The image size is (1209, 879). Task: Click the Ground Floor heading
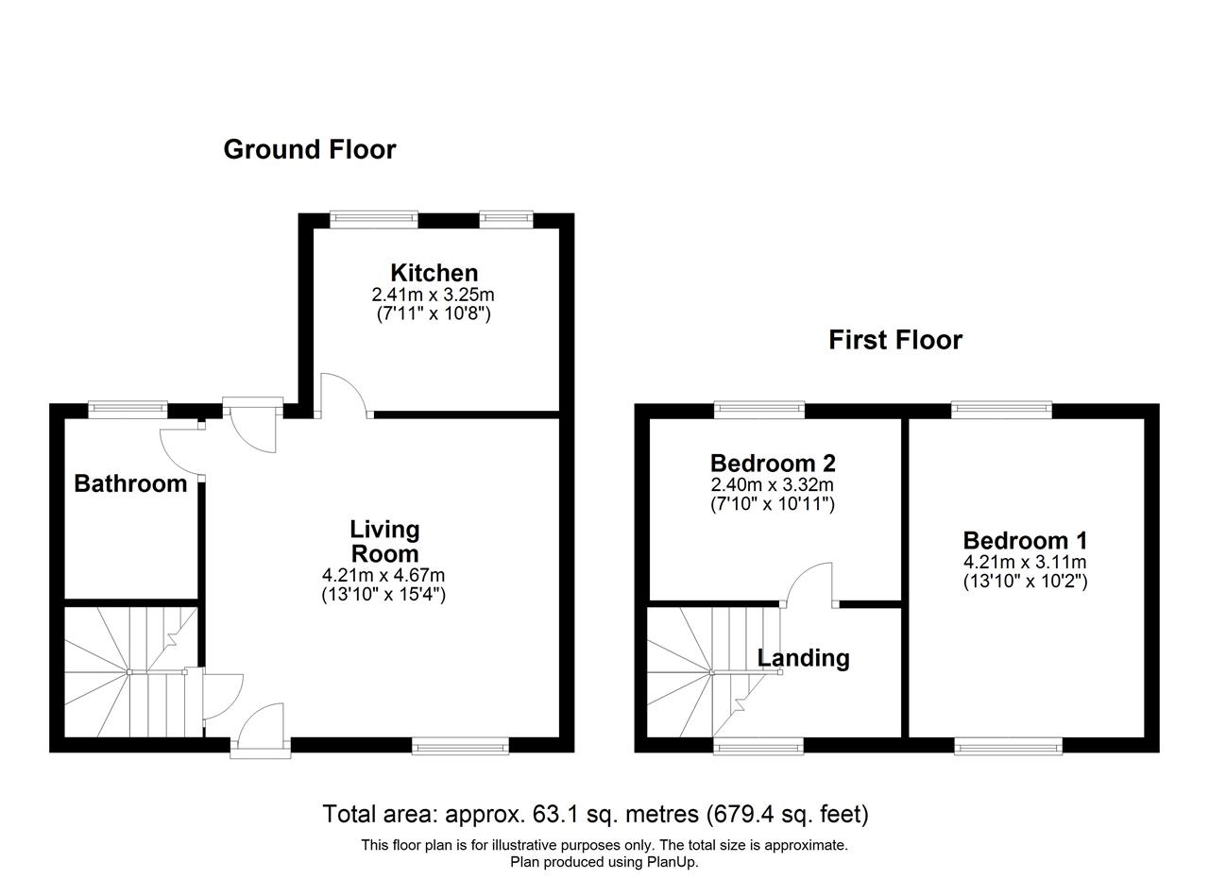pyautogui.click(x=309, y=149)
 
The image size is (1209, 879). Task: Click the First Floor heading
pyautogui.click(x=895, y=341)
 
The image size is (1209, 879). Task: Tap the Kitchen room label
pyautogui.click(x=434, y=273)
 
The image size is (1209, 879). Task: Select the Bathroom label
pyautogui.click(x=130, y=483)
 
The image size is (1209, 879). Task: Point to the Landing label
pyautogui.click(x=803, y=658)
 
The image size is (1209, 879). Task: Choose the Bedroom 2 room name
pyautogui.click(x=773, y=463)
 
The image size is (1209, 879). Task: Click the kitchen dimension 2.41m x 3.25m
pyautogui.click(x=433, y=295)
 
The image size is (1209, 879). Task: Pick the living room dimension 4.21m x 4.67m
pyautogui.click(x=383, y=575)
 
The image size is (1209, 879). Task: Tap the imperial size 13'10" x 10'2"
pyautogui.click(x=1026, y=582)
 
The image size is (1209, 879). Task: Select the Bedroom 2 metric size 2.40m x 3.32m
pyautogui.click(x=773, y=484)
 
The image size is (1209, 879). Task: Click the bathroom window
pyautogui.click(x=128, y=409)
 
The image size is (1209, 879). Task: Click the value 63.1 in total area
pyautogui.click(x=553, y=814)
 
